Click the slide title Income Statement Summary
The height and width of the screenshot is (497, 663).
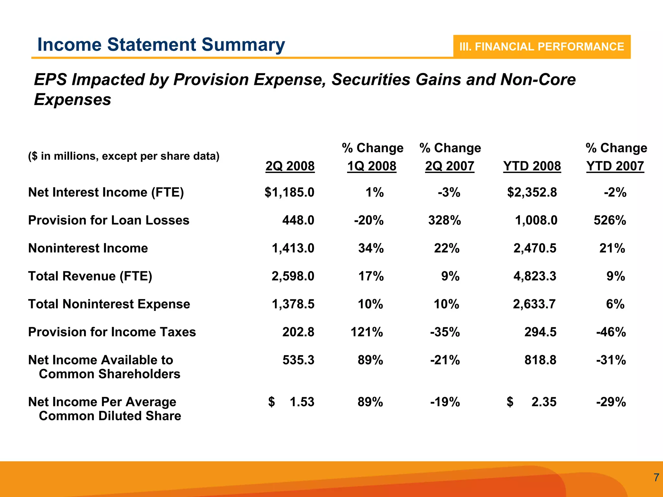(x=161, y=45)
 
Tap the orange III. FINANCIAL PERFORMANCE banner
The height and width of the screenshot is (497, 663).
(x=541, y=47)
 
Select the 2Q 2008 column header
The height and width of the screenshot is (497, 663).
(x=290, y=166)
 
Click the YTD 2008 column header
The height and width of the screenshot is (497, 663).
(x=532, y=166)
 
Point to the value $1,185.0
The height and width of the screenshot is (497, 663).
(x=289, y=192)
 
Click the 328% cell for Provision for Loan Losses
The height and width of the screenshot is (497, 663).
(x=444, y=220)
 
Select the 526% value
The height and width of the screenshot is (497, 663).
(x=610, y=220)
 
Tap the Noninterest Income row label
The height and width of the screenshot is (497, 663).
(x=88, y=248)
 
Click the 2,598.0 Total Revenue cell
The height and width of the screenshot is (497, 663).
(x=293, y=276)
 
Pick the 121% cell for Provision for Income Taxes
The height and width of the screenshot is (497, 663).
(x=366, y=332)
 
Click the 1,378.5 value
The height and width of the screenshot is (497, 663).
(x=293, y=304)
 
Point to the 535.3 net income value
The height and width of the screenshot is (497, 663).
(x=298, y=360)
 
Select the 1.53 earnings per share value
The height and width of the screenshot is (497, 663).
(x=302, y=402)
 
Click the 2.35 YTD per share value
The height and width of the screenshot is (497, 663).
(x=544, y=402)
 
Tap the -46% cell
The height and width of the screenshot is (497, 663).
(x=611, y=332)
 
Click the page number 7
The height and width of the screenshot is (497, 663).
(x=656, y=478)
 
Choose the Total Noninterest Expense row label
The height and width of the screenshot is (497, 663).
(x=109, y=304)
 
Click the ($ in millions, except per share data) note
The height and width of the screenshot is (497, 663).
(x=124, y=156)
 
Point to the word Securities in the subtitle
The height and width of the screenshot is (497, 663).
(x=371, y=80)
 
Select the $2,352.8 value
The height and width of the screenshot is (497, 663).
(x=532, y=192)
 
